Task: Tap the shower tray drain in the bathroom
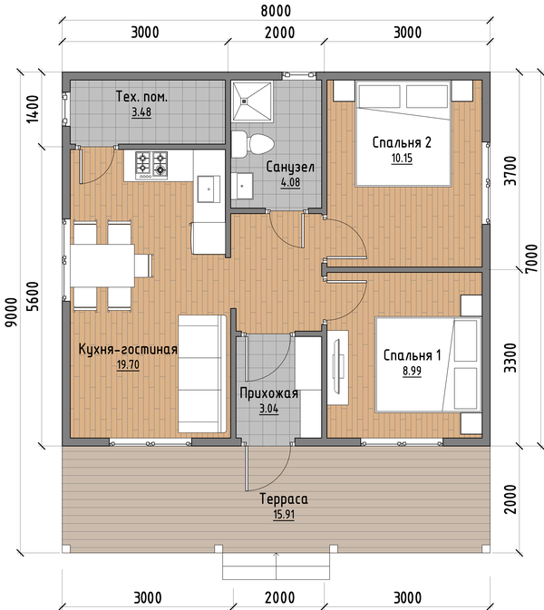pyautogui.click(x=244, y=102)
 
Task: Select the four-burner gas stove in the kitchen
pyautogui.click(x=151, y=165)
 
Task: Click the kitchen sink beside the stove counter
pyautogui.click(x=209, y=189)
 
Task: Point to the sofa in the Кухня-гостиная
pyautogui.click(x=202, y=373)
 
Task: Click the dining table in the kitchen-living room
pyautogui.click(x=102, y=266)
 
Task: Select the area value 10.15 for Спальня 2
pyautogui.click(x=402, y=159)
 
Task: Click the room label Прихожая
pyautogui.click(x=269, y=393)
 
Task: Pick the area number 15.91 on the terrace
pyautogui.click(x=284, y=514)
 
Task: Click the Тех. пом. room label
pyautogui.click(x=141, y=96)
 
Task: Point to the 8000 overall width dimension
pyautogui.click(x=276, y=11)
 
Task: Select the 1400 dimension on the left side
pyautogui.click(x=33, y=109)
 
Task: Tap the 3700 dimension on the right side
pyautogui.click(x=510, y=170)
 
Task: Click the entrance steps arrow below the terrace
pyautogui.click(x=277, y=566)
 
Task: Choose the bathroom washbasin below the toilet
pyautogui.click(x=242, y=186)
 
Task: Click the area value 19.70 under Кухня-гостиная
pyautogui.click(x=128, y=365)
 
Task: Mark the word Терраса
pyautogui.click(x=284, y=499)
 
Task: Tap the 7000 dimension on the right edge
pyautogui.click(x=530, y=258)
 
